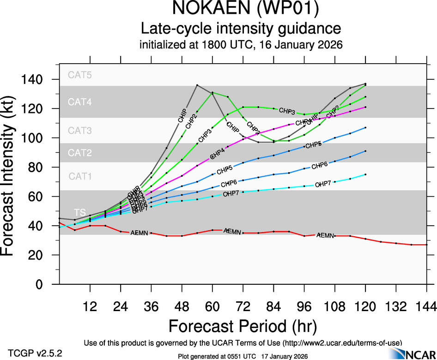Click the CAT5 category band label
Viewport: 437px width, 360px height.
pyautogui.click(x=80, y=75)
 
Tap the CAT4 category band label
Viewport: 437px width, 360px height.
pyautogui.click(x=80, y=102)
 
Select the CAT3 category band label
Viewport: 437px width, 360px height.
pyautogui.click(x=80, y=131)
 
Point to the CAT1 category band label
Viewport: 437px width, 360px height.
pyautogui.click(x=80, y=176)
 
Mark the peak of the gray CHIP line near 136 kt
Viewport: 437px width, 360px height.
pyautogui.click(x=197, y=85)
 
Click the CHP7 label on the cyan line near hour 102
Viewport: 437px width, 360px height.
pyautogui.click(x=323, y=184)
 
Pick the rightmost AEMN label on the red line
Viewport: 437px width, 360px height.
pyautogui.click(x=325, y=235)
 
